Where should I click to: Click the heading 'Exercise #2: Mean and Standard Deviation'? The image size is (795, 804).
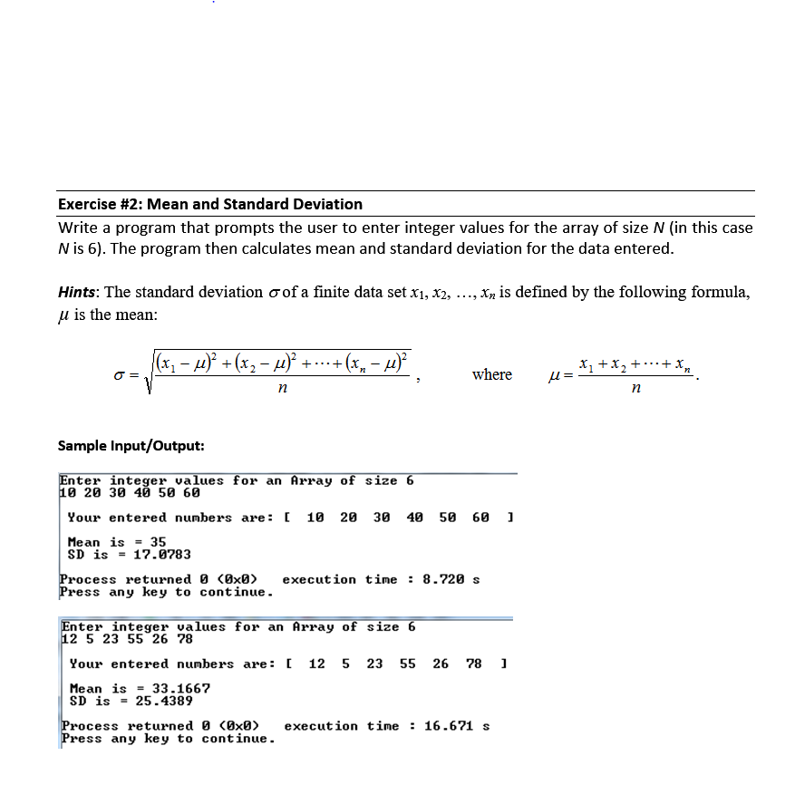pyautogui.click(x=209, y=204)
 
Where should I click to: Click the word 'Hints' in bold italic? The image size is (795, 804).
pyautogui.click(x=80, y=292)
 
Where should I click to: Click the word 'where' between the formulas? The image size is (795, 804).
pyautogui.click(x=491, y=374)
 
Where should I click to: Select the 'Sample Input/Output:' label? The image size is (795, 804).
pyautogui.click(x=131, y=445)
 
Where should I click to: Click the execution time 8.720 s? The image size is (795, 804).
pyautogui.click(x=451, y=579)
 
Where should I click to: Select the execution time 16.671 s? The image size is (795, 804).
pyautogui.click(x=457, y=726)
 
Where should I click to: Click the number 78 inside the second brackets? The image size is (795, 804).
pyautogui.click(x=474, y=664)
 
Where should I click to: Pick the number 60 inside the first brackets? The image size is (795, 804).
pyautogui.click(x=480, y=518)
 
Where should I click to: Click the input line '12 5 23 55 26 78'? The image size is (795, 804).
pyautogui.click(x=114, y=639)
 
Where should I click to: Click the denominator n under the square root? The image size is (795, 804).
pyautogui.click(x=282, y=388)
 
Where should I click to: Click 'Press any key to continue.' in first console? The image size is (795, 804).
pyautogui.click(x=166, y=592)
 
